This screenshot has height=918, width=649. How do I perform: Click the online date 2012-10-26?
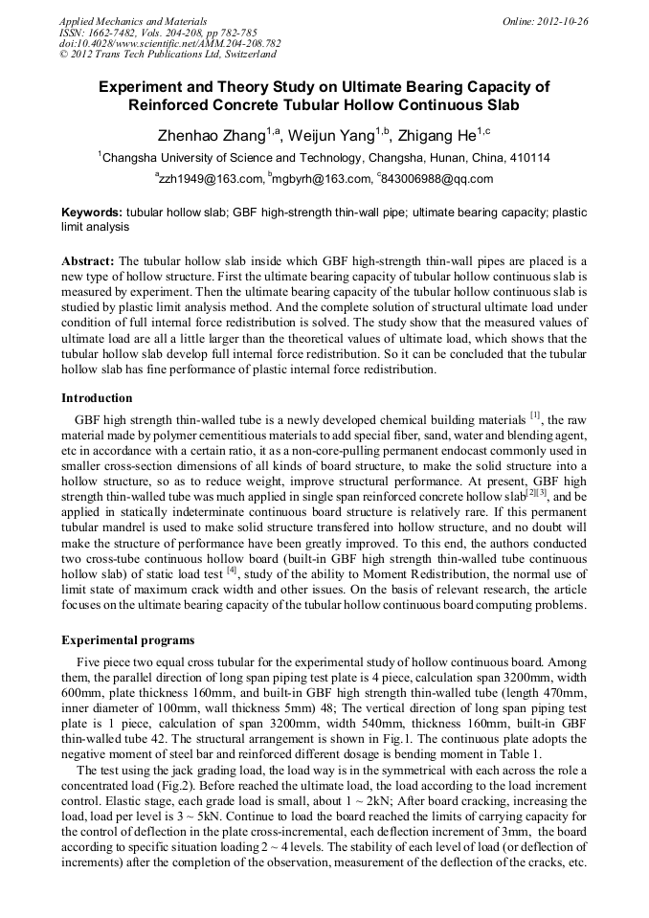[x=560, y=20]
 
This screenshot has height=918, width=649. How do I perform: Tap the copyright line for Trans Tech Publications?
[x=169, y=55]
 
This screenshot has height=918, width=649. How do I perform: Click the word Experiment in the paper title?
[x=142, y=86]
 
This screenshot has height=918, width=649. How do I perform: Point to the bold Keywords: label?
[x=92, y=213]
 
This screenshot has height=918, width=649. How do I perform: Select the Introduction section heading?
[x=97, y=397]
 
